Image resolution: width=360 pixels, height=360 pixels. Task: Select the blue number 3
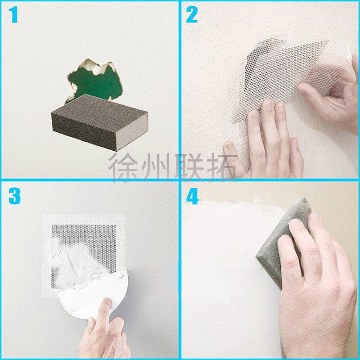[14, 196]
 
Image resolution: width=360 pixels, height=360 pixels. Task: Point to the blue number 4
[193, 197]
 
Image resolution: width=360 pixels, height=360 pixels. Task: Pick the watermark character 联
[189, 167]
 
